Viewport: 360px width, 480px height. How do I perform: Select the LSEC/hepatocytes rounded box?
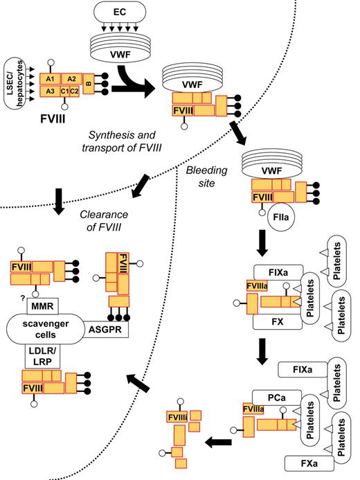(x=13, y=91)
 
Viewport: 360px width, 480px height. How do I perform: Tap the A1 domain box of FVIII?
(x=48, y=79)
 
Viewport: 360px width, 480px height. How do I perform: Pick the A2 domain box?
(x=71, y=79)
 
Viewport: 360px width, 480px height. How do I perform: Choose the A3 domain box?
(x=48, y=91)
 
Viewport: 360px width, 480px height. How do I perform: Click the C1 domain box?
(x=66, y=91)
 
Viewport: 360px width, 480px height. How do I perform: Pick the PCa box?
(x=258, y=396)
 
